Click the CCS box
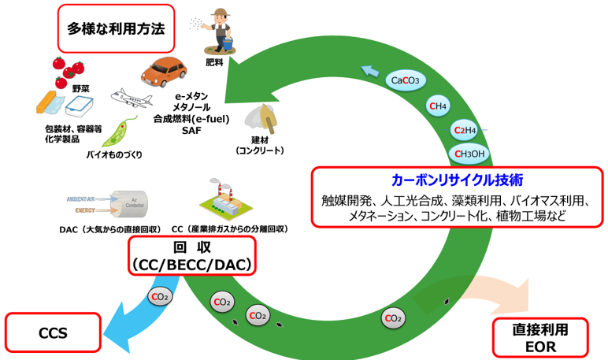click(x=54, y=332)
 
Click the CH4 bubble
click(x=438, y=106)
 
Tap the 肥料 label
click(x=213, y=61)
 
